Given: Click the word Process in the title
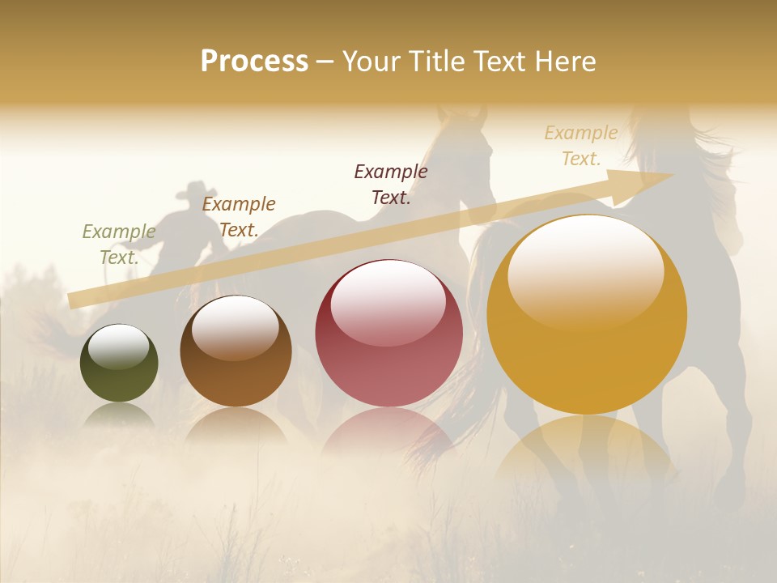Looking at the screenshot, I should pos(254,62).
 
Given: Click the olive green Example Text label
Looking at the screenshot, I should pos(119,245).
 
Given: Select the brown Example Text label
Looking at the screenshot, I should pos(239,217).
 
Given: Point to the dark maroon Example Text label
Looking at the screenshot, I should pos(391,185).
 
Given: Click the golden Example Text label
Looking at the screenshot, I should pos(581,146).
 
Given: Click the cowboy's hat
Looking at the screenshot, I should pos(192,190).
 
